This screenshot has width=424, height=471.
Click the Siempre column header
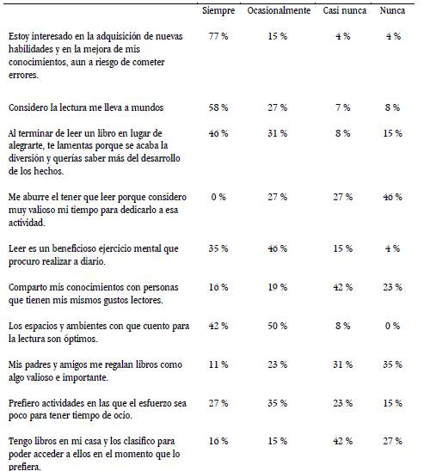tap(218, 11)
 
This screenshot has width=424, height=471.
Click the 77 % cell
tap(218, 38)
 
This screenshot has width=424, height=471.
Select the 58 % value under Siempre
tap(218, 107)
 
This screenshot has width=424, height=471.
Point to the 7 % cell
tap(342, 107)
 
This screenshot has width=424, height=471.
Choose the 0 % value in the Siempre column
tap(218, 197)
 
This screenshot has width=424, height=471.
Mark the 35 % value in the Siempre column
tap(218, 248)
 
